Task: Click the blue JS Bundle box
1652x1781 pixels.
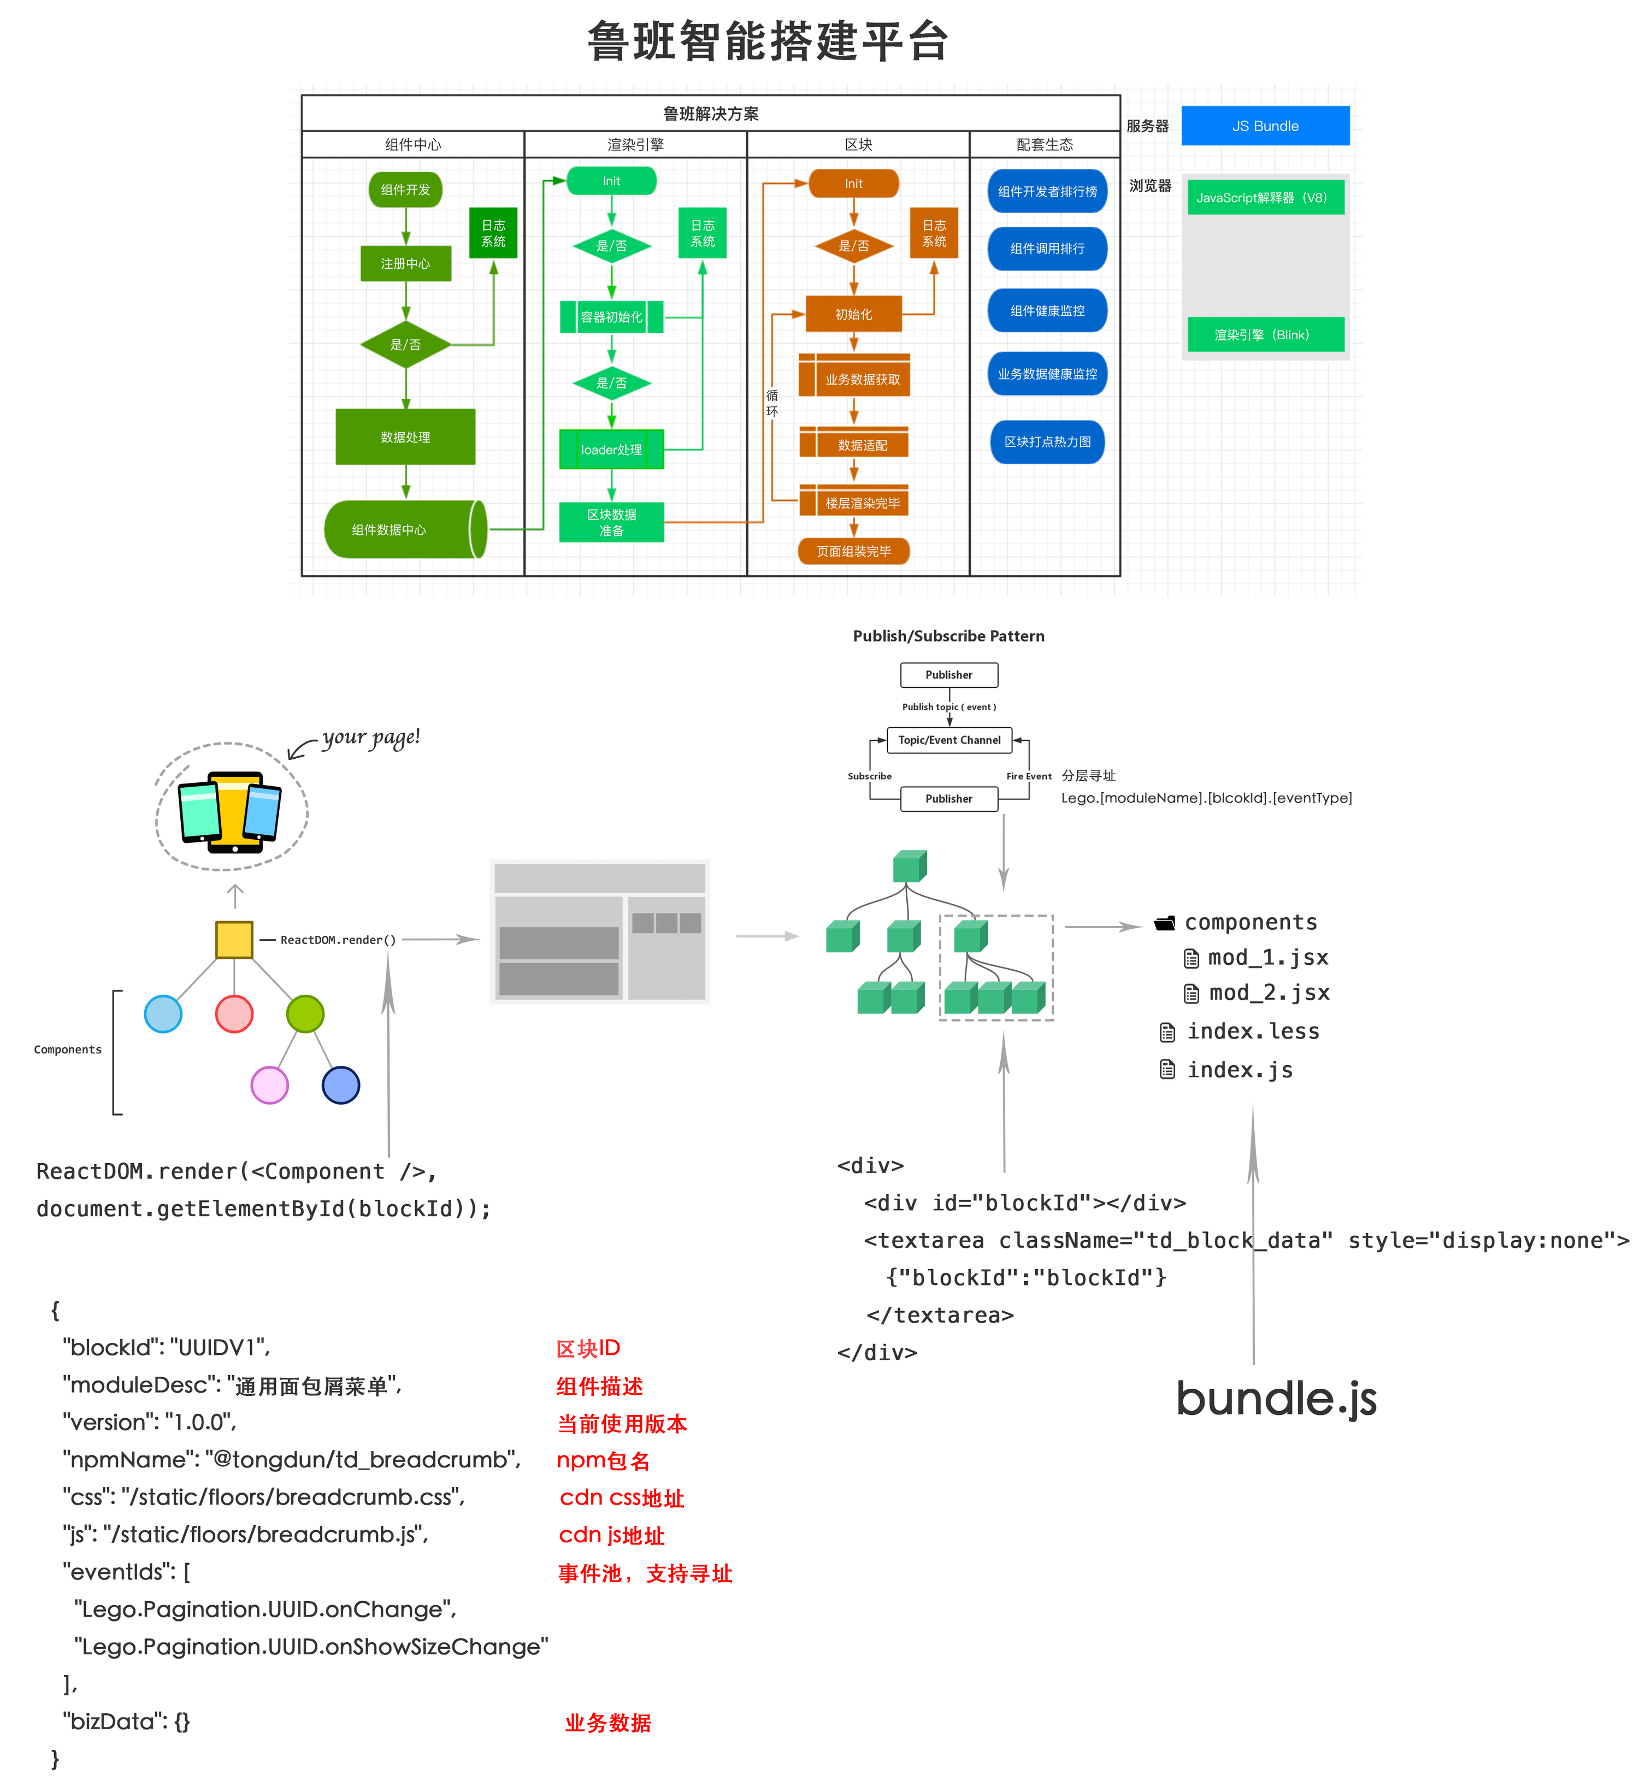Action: click(x=1264, y=126)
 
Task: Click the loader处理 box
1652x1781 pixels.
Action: click(x=611, y=450)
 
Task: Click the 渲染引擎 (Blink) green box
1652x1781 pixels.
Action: click(x=1264, y=334)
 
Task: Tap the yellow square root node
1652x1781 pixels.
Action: click(x=234, y=940)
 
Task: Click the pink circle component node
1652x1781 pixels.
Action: click(x=234, y=1014)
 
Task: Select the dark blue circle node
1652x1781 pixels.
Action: click(x=340, y=1086)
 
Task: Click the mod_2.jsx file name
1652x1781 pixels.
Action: click(x=1268, y=993)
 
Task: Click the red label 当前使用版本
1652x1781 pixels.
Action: click(x=622, y=1423)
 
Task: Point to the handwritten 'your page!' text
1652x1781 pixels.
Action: click(x=370, y=738)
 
